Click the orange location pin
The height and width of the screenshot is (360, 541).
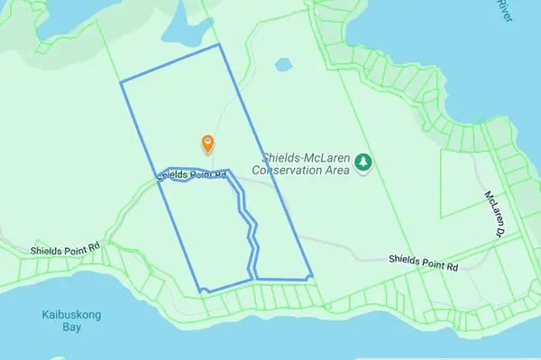(207, 143)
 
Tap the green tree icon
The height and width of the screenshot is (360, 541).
(362, 162)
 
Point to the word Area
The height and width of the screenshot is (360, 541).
(336, 169)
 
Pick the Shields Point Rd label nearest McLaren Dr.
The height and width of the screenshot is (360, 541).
(424, 263)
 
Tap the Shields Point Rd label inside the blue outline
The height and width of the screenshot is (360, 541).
(189, 173)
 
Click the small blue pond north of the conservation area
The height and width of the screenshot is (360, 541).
(284, 66)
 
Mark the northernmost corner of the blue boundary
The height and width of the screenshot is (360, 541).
(219, 44)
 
